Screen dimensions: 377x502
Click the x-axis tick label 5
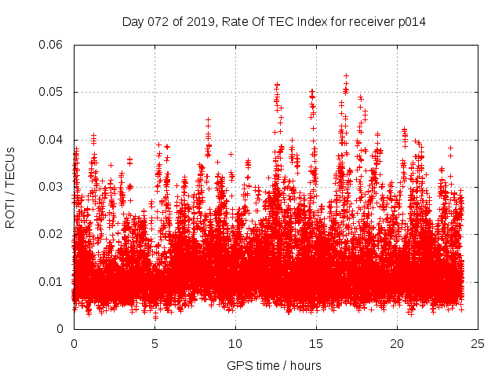point(155,343)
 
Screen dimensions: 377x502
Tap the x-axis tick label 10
point(235,343)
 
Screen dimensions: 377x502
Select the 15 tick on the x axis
point(316,343)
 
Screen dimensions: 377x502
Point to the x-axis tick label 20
point(397,343)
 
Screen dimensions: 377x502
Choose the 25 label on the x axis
point(478,343)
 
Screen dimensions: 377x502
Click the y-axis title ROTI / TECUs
point(10,187)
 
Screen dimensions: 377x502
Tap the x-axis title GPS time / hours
point(274,365)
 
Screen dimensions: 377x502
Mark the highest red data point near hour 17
point(346,76)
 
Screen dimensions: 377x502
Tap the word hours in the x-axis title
point(304,365)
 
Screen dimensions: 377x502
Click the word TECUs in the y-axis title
point(10,164)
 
